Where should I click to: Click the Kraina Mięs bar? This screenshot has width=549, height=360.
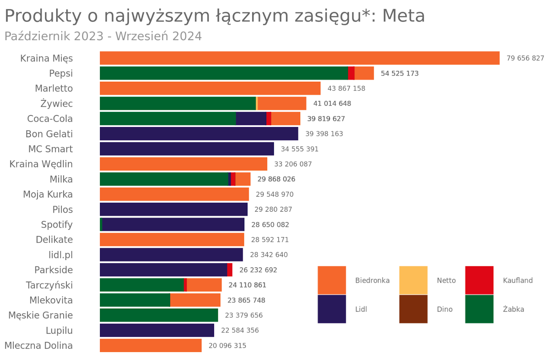click(x=299, y=58)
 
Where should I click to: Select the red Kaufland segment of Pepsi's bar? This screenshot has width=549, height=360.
click(x=351, y=73)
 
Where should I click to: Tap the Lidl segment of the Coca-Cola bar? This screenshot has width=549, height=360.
click(x=251, y=118)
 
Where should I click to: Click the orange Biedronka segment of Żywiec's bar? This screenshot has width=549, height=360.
click(x=282, y=103)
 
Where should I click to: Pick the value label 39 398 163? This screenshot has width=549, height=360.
click(x=324, y=134)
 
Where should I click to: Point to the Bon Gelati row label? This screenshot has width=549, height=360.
click(x=49, y=134)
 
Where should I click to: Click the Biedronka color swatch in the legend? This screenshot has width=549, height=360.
click(x=331, y=280)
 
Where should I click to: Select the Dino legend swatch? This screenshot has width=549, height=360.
click(x=413, y=309)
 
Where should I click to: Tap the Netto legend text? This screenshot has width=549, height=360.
click(x=446, y=280)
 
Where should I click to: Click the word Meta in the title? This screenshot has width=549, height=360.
click(x=404, y=16)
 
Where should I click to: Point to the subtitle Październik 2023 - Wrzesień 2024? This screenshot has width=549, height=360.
click(x=103, y=36)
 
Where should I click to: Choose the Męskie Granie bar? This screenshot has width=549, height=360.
click(x=159, y=315)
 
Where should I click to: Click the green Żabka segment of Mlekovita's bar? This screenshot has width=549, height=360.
click(x=135, y=300)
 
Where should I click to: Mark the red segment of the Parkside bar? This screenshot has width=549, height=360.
click(x=230, y=270)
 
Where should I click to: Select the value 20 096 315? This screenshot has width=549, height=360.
click(x=227, y=346)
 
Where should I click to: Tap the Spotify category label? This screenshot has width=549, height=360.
click(x=57, y=224)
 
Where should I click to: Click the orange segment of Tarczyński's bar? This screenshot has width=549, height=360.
click(x=204, y=285)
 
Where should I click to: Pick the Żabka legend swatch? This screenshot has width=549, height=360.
click(x=479, y=309)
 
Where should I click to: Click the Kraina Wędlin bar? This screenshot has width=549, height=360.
click(x=183, y=164)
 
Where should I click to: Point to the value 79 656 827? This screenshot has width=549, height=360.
click(x=525, y=58)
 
